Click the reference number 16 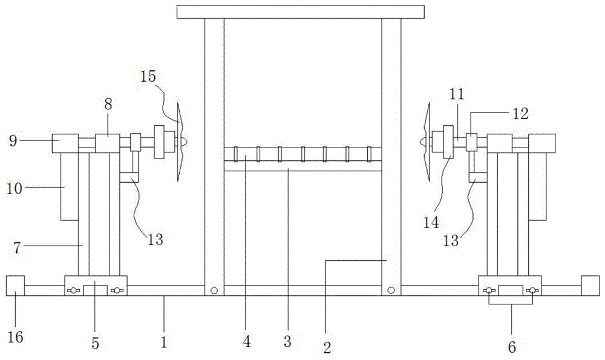16,337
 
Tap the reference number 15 148,76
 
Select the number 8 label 108,104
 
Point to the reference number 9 13,141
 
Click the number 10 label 15,189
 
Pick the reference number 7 16,247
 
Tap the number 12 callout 520,113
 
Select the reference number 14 431,223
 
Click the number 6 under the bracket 512,347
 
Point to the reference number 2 327,348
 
